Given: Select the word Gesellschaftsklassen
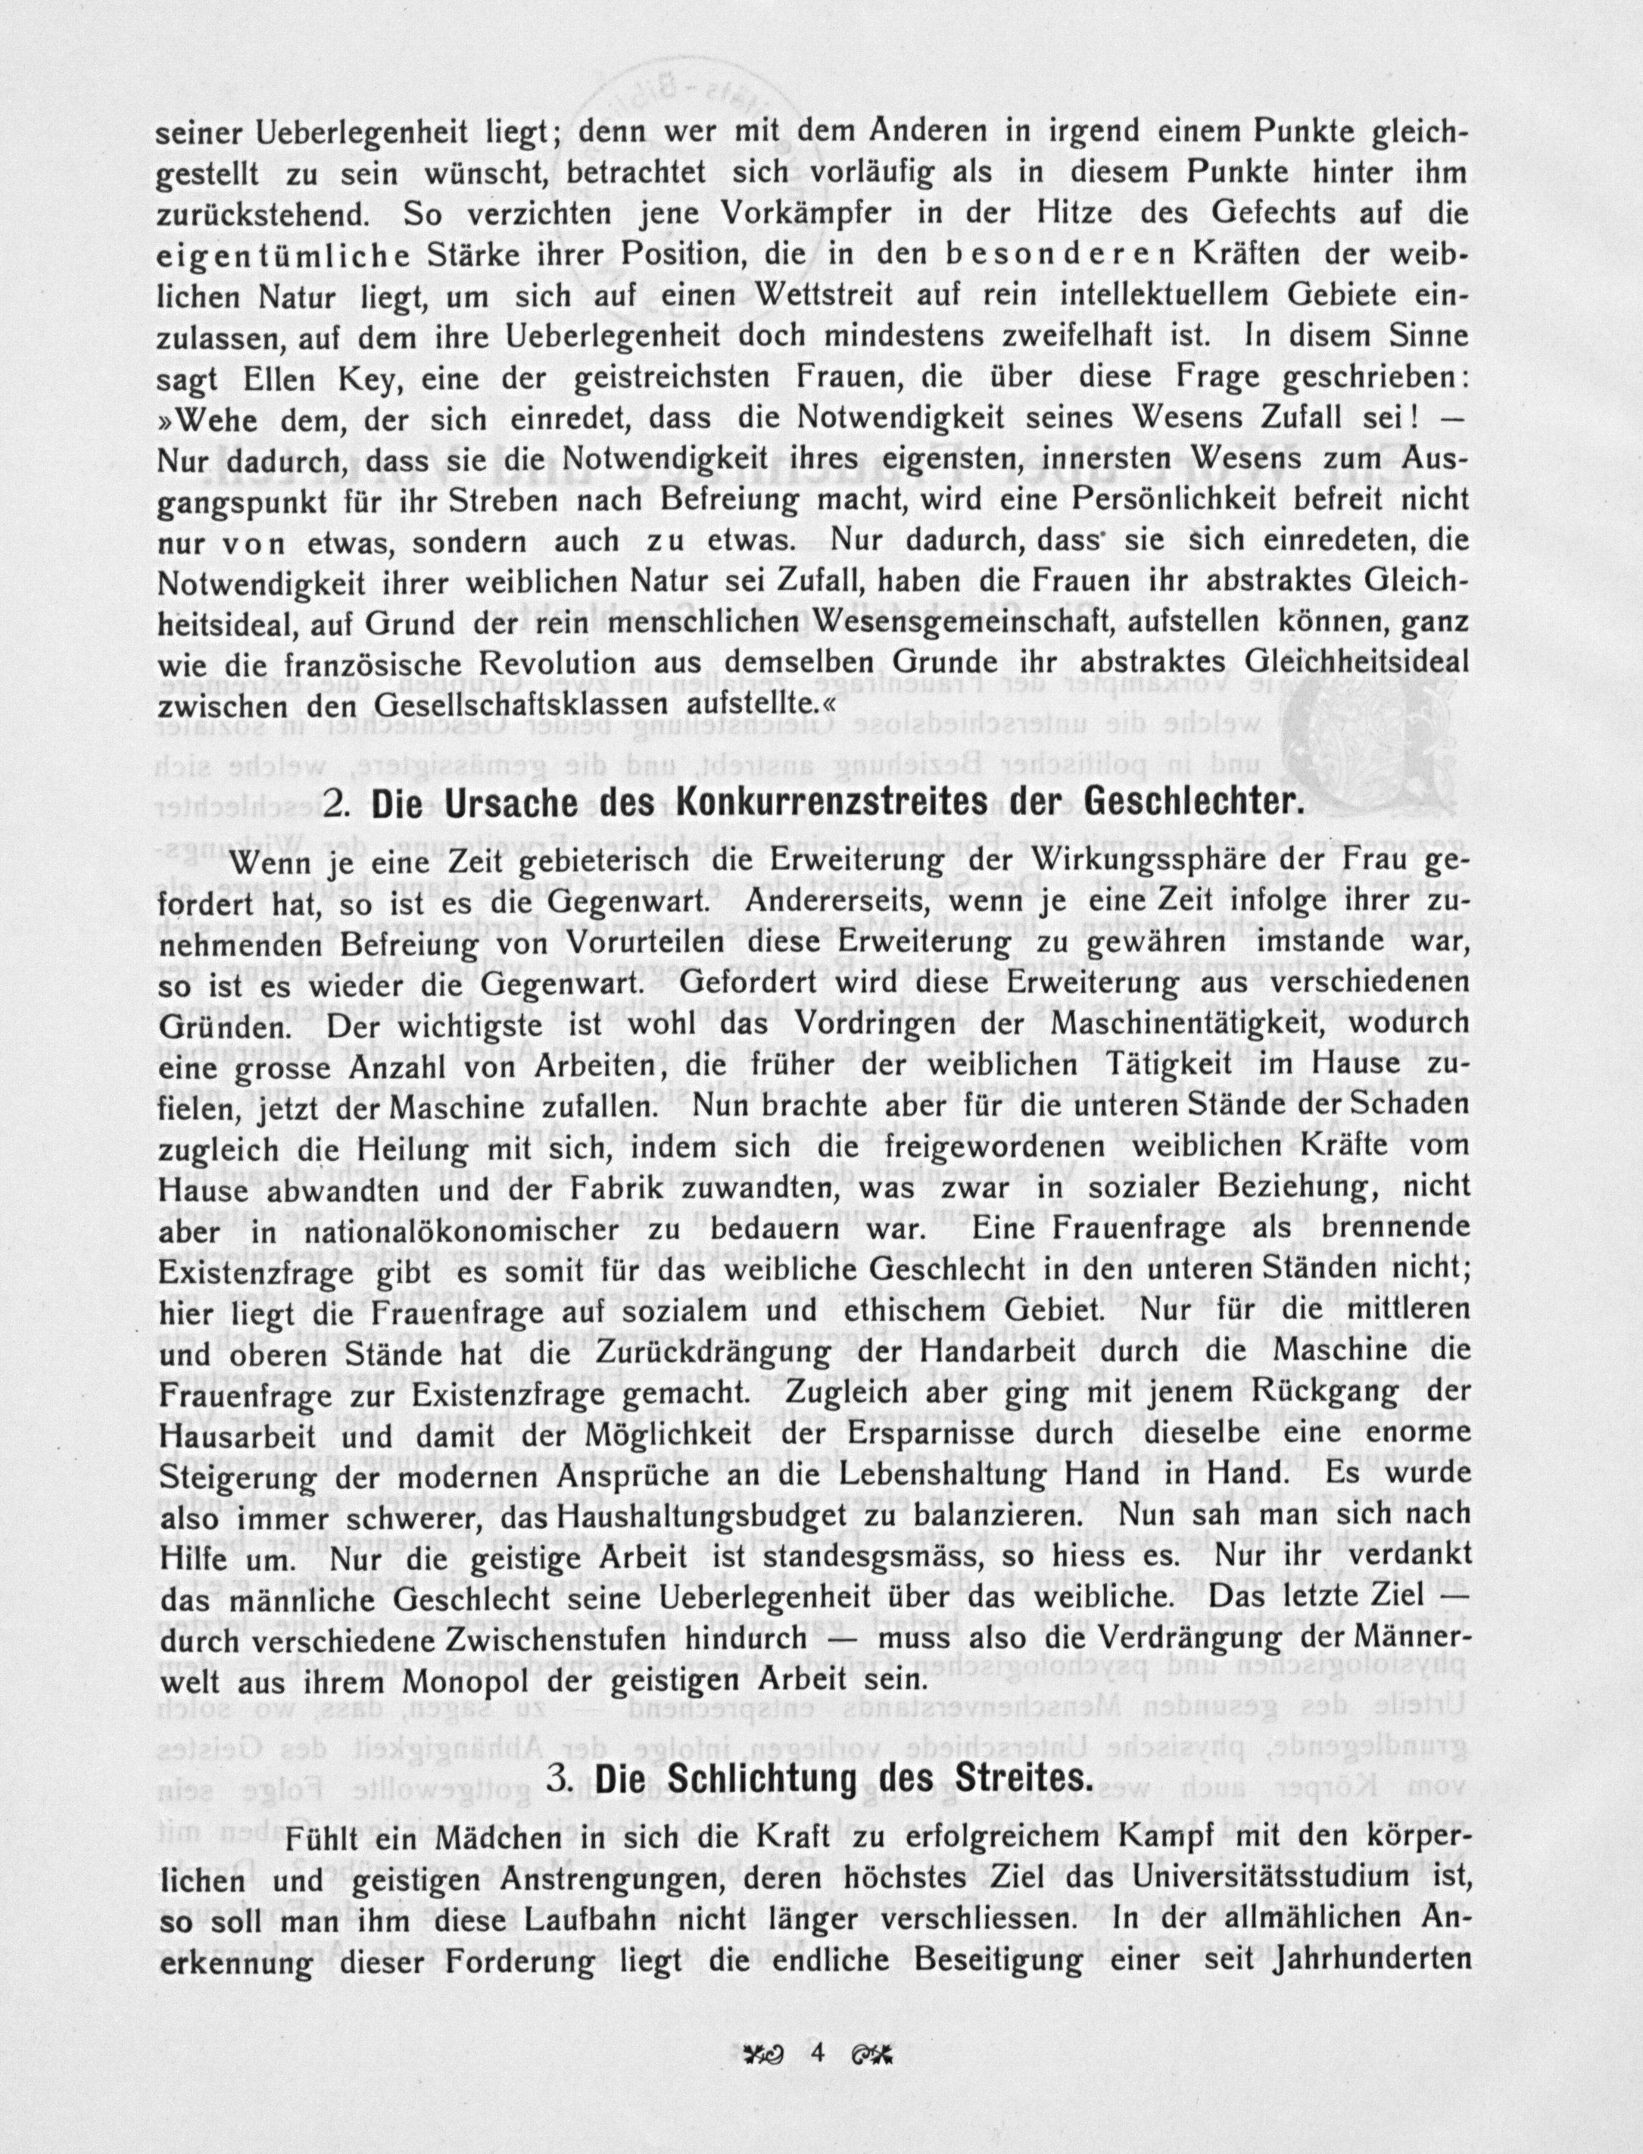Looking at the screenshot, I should [507, 702].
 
